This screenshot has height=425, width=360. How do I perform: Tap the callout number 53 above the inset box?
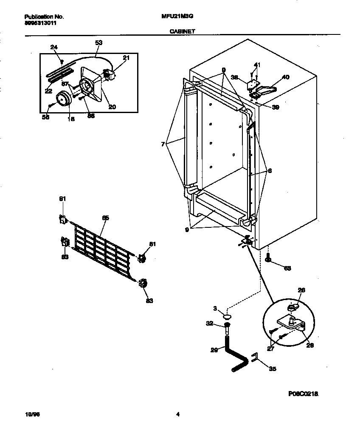pyautogui.click(x=98, y=42)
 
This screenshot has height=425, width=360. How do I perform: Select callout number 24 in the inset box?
pyautogui.click(x=53, y=47)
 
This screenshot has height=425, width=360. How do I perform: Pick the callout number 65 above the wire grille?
pyautogui.click(x=106, y=218)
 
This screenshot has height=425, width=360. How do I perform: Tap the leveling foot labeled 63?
pyautogui.click(x=268, y=258)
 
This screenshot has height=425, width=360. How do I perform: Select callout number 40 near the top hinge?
pyautogui.click(x=285, y=77)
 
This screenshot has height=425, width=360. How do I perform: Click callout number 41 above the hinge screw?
pyautogui.click(x=256, y=65)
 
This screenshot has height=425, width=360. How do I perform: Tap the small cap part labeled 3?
pyautogui.click(x=228, y=317)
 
